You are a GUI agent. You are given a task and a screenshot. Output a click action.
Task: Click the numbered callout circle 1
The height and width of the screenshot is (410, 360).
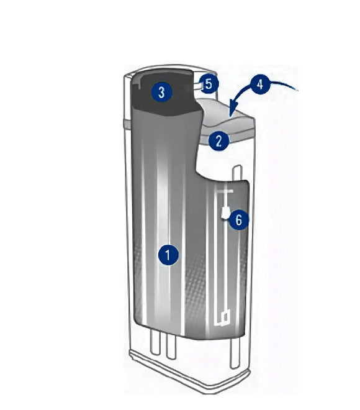point(168,255)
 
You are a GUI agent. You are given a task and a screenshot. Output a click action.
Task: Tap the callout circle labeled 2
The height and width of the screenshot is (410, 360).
point(219,140)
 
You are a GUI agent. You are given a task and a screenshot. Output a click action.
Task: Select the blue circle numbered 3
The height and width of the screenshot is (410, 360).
point(162,92)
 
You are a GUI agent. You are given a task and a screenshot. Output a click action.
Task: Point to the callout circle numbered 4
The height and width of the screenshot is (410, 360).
point(259,84)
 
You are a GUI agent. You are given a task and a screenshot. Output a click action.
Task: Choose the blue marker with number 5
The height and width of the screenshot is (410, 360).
point(209,84)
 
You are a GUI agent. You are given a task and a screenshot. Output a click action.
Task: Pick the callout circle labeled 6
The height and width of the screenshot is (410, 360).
point(239,220)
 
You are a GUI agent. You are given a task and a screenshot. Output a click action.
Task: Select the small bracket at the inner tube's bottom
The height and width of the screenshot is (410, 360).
point(222,318)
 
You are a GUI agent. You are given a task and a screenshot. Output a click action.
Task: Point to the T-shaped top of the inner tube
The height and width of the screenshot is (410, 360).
point(223,191)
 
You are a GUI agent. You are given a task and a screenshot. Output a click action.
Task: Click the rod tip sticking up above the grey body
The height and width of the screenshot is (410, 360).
point(237,172)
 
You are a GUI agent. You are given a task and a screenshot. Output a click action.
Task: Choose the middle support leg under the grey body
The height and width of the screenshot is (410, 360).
point(171,347)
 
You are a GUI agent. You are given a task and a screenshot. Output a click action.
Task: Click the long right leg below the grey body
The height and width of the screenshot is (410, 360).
point(235,353)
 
